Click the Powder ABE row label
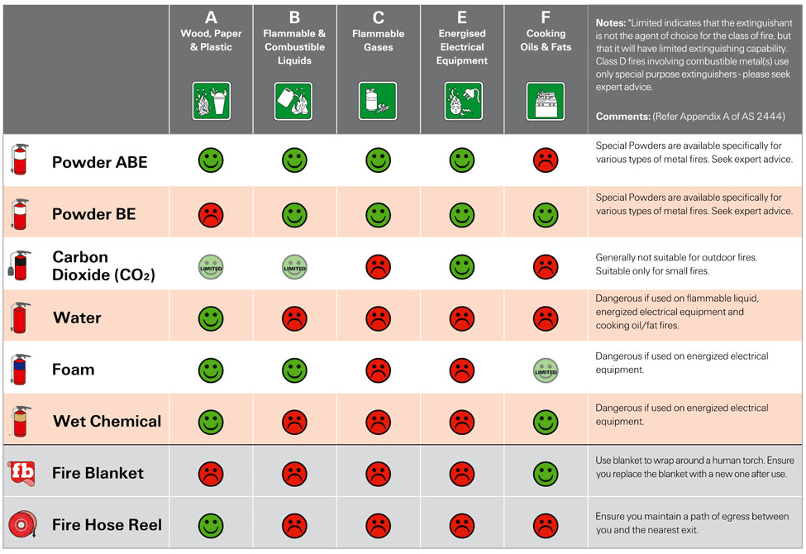click(x=99, y=162)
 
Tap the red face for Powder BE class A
click(x=211, y=215)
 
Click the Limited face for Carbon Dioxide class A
click(x=211, y=266)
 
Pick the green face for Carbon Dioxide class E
click(x=461, y=266)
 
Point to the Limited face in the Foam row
click(x=546, y=370)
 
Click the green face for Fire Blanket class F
click(x=546, y=474)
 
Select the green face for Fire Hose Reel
click(x=211, y=525)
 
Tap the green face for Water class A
click(x=211, y=318)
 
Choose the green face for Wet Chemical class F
click(x=546, y=422)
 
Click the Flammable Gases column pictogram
click(x=378, y=101)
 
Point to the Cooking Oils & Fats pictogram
click(x=546, y=101)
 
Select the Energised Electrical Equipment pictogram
click(x=462, y=101)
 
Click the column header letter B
click(x=294, y=17)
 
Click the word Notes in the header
click(x=611, y=23)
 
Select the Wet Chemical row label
click(x=107, y=422)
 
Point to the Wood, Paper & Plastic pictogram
click(x=211, y=101)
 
